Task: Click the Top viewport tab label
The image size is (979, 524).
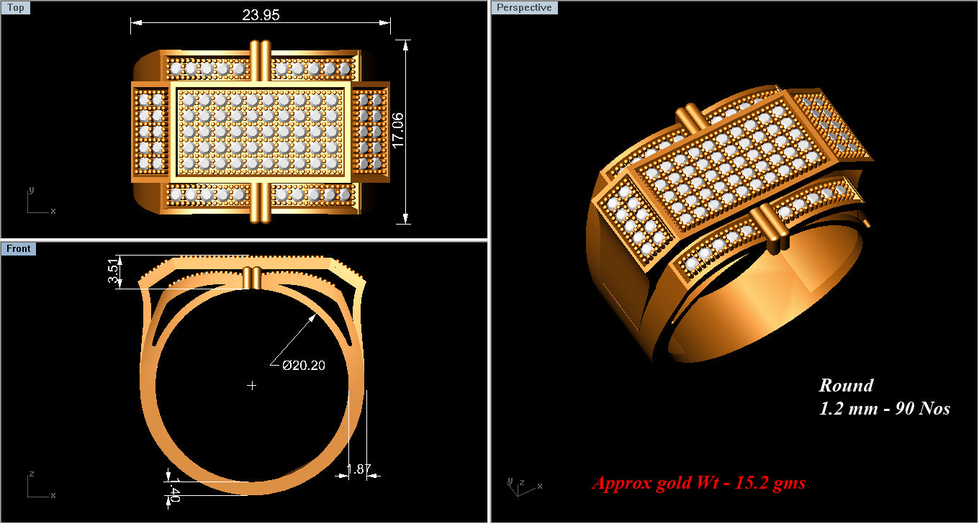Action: (15, 8)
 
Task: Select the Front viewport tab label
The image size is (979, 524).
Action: (19, 249)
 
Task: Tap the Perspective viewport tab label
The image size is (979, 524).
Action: (524, 8)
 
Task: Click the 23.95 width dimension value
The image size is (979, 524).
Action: (261, 15)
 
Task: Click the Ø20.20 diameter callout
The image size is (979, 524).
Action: (303, 366)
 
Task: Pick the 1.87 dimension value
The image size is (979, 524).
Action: (358, 470)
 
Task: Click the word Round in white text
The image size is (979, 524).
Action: (846, 386)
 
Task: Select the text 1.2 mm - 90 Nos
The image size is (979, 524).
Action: (884, 409)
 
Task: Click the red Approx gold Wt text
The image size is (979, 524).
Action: (698, 483)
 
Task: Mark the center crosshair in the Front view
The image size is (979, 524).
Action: (252, 386)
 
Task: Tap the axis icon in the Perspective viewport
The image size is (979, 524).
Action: (521, 487)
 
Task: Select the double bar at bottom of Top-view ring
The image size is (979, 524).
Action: (260, 202)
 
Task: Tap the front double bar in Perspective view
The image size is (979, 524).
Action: (770, 228)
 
